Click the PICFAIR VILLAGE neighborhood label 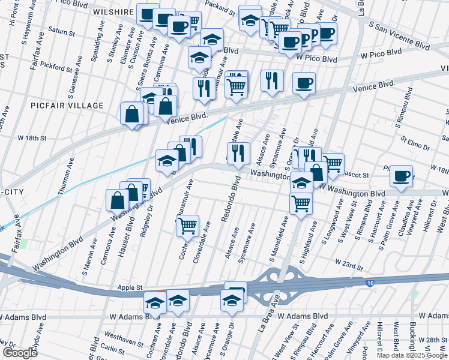67,106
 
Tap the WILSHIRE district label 113,11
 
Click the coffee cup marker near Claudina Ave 401,176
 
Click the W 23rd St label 349,263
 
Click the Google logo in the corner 20,352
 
